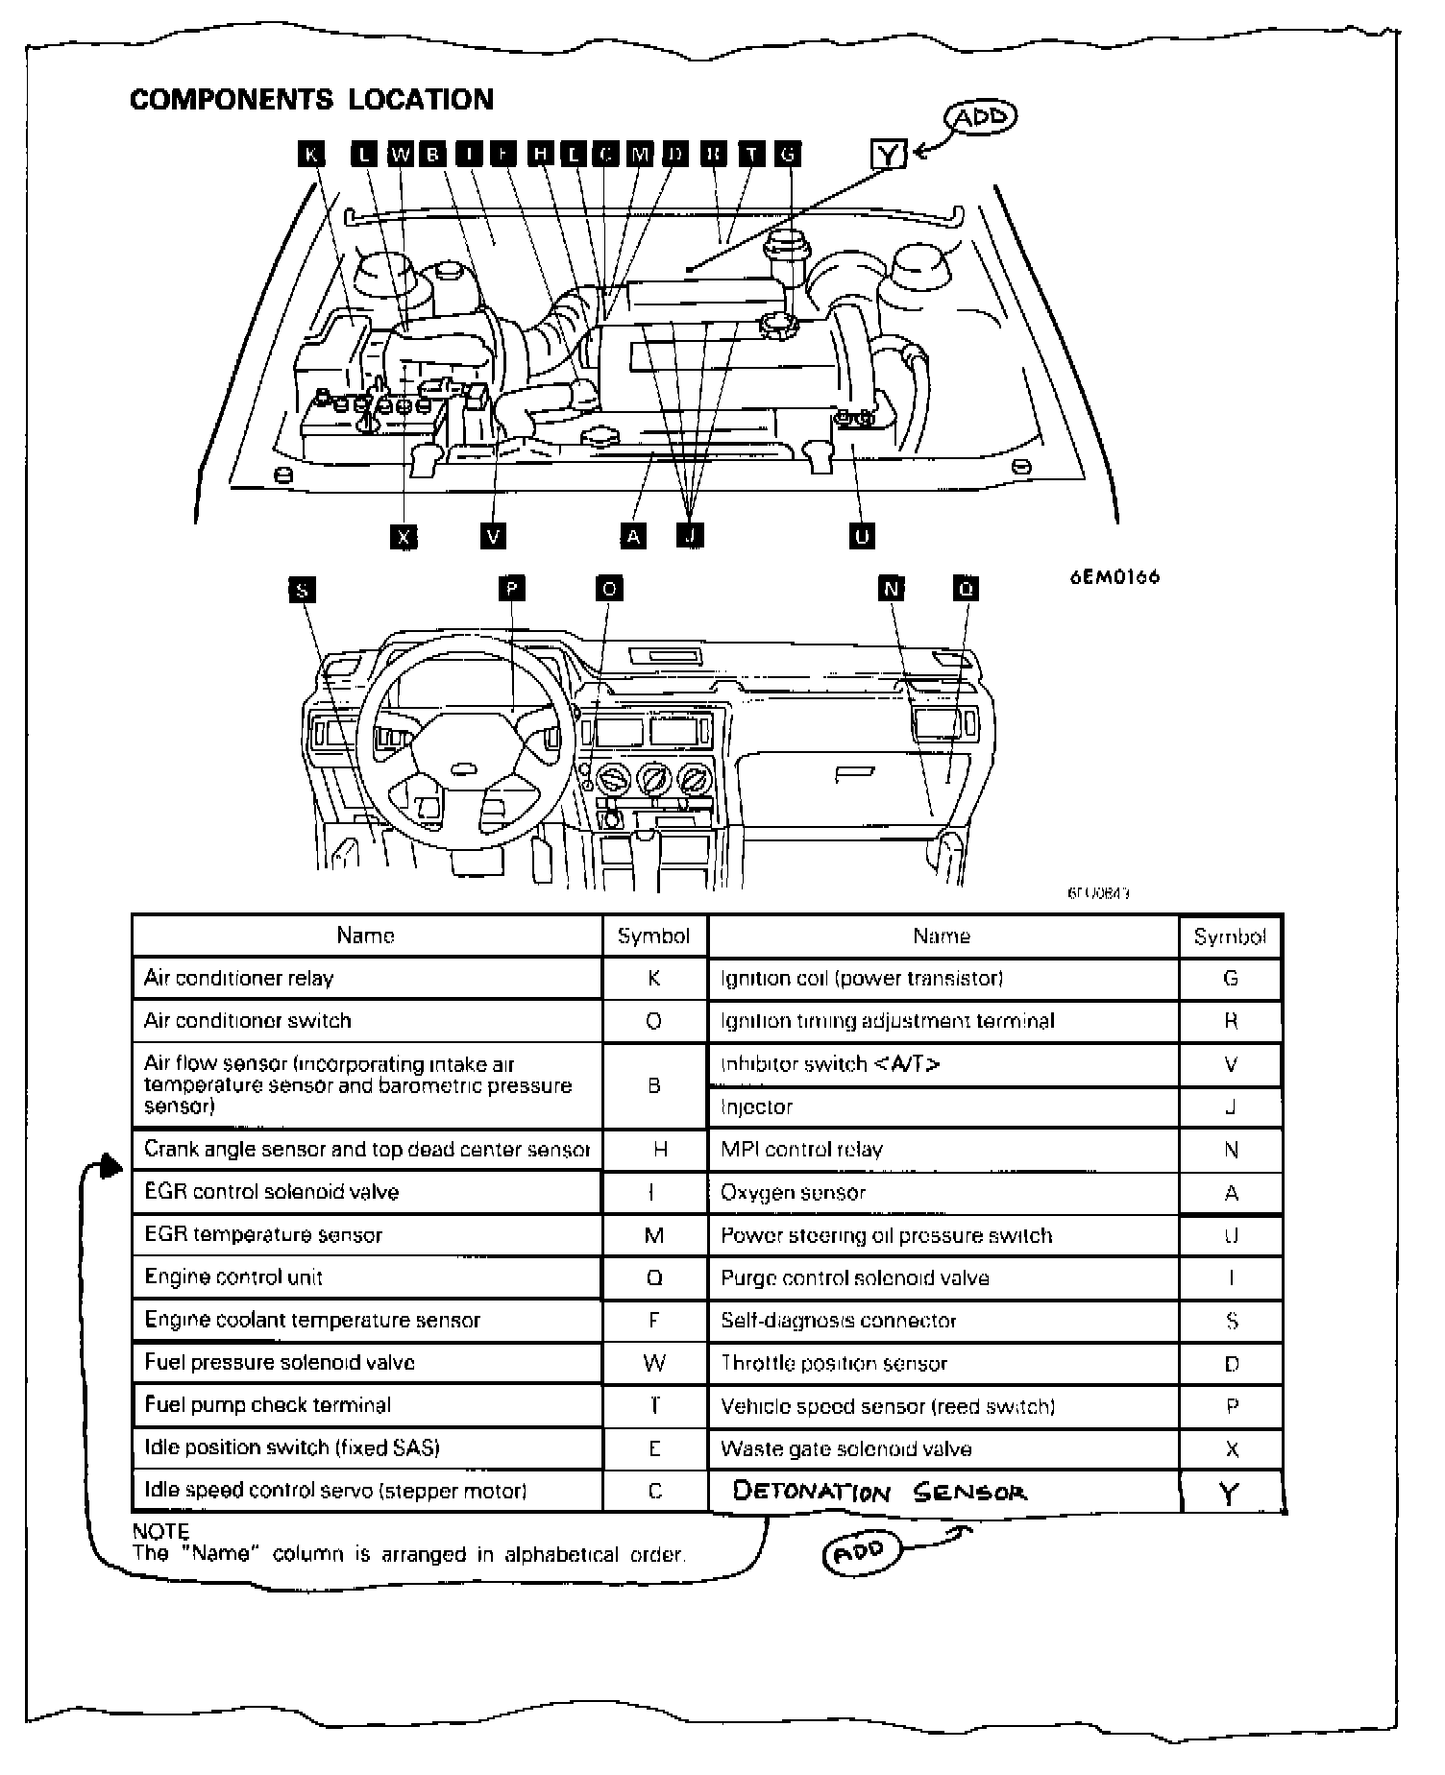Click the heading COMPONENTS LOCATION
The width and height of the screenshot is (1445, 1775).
(x=311, y=100)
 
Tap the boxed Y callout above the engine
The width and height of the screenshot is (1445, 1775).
(x=888, y=154)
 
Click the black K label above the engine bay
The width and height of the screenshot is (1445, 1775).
(x=311, y=154)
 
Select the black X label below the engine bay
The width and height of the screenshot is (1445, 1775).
(x=404, y=536)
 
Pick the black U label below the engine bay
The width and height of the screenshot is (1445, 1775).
(x=862, y=536)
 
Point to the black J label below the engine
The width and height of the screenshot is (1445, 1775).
(x=690, y=536)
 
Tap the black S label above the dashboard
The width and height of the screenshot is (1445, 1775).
(x=303, y=590)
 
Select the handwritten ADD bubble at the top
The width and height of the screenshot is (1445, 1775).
(x=980, y=118)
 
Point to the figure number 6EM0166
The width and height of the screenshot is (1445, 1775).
(x=1114, y=577)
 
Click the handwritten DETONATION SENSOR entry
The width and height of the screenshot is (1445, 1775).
(x=879, y=1492)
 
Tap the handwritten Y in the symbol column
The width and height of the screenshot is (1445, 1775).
(x=1229, y=1494)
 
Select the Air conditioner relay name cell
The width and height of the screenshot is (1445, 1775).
(x=239, y=978)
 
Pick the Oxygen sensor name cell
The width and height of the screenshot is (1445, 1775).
(x=794, y=1193)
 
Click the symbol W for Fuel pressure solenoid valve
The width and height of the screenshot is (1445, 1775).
(x=654, y=1363)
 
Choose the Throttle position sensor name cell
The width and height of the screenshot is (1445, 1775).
(x=834, y=1364)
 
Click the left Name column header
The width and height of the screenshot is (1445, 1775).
(x=365, y=936)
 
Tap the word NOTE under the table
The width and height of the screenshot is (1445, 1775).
(x=160, y=1531)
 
